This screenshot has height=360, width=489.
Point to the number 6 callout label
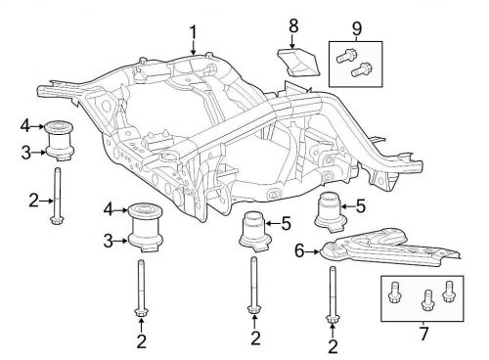299,251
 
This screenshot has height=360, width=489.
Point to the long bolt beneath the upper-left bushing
58,196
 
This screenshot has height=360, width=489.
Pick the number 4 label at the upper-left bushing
25,125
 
